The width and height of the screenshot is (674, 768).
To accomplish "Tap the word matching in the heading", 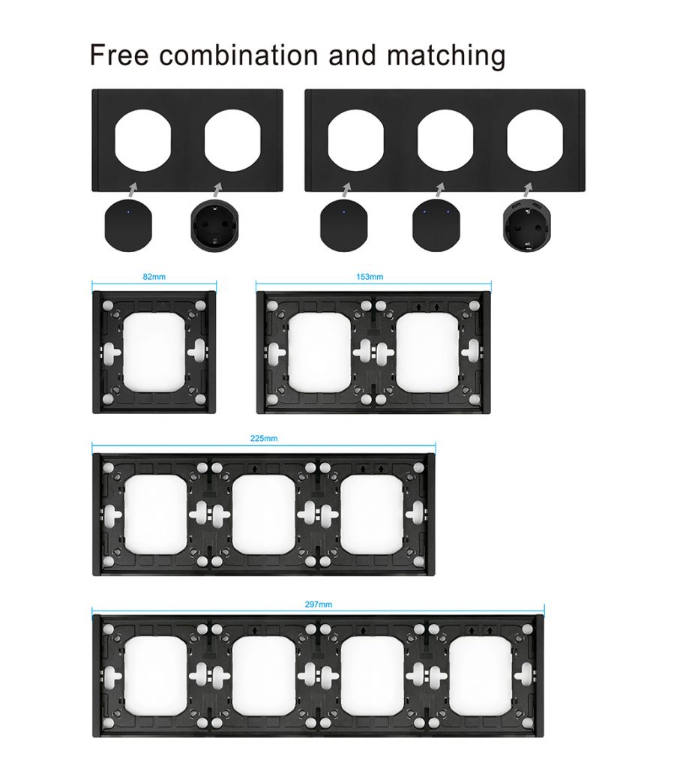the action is click(x=446, y=57).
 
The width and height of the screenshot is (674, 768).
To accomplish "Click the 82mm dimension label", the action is click(x=154, y=277).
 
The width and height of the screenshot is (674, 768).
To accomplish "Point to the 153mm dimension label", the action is click(x=370, y=277).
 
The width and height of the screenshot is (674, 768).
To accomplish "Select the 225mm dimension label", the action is click(x=264, y=438).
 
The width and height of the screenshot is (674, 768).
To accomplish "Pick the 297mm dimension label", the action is click(x=318, y=604).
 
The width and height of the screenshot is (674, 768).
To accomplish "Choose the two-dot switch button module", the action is click(x=436, y=225).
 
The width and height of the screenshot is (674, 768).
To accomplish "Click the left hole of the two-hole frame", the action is click(x=142, y=140).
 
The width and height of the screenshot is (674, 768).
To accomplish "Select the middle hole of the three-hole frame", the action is click(x=445, y=140).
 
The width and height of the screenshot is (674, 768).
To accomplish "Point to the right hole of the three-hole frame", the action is click(x=535, y=140).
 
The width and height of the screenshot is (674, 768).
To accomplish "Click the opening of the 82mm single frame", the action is click(x=154, y=352).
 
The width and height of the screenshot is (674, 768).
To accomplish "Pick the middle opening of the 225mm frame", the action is click(x=264, y=514).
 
